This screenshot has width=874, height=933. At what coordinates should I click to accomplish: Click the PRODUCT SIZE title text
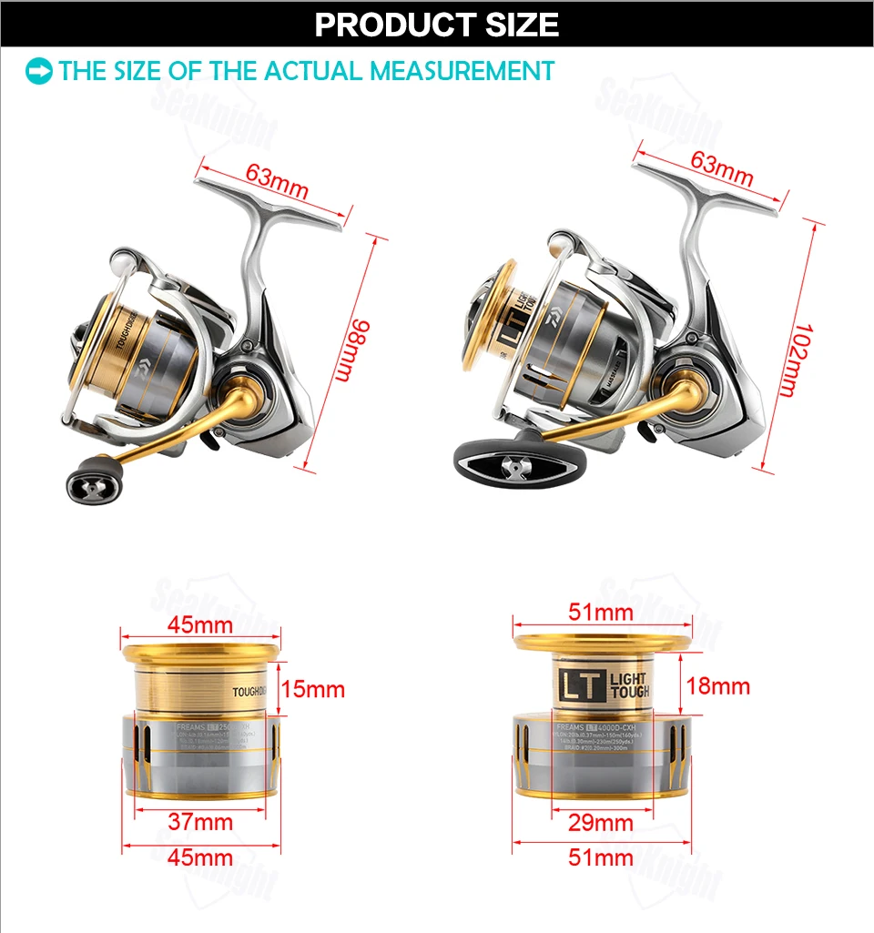(x=437, y=25)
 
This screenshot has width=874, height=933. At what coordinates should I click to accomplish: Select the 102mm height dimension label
(x=795, y=360)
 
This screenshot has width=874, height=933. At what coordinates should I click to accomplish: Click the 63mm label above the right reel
(x=722, y=165)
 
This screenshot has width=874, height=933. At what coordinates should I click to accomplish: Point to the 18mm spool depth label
(x=718, y=685)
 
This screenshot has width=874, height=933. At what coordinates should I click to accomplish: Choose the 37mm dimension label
(x=201, y=822)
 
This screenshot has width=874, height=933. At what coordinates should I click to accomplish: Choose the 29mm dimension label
(x=600, y=823)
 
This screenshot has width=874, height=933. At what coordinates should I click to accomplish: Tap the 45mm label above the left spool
(x=201, y=624)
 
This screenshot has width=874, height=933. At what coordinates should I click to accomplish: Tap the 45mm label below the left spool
(x=201, y=857)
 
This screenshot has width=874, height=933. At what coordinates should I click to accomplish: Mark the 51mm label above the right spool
(x=600, y=613)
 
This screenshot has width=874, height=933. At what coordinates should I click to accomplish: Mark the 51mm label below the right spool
(x=600, y=857)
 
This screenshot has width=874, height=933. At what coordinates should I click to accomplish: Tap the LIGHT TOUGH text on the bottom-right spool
(x=629, y=686)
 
